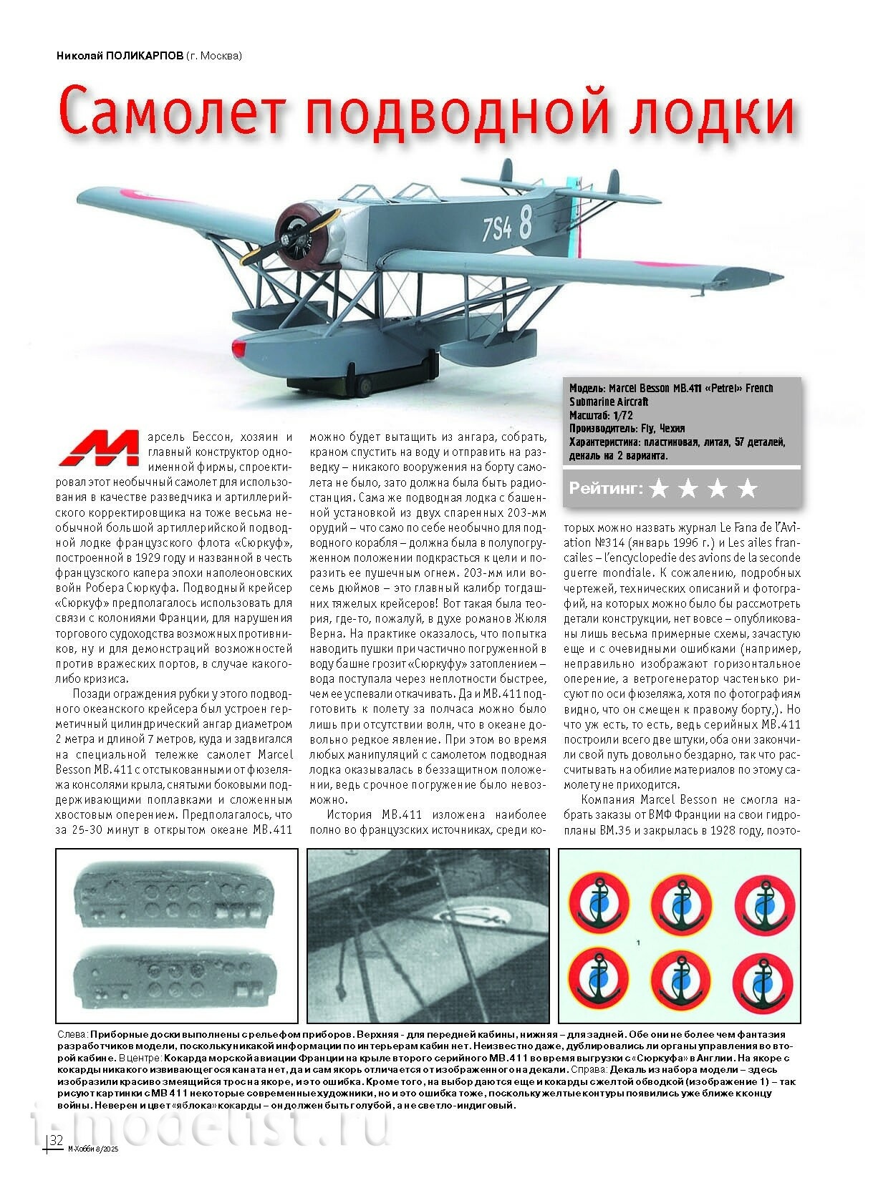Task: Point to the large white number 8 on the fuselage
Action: (x=525, y=220)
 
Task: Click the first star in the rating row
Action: (x=659, y=489)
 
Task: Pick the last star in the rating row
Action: (x=747, y=489)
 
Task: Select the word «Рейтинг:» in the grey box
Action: (x=606, y=490)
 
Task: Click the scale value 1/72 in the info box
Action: (x=622, y=415)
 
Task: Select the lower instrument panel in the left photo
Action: (x=176, y=973)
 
